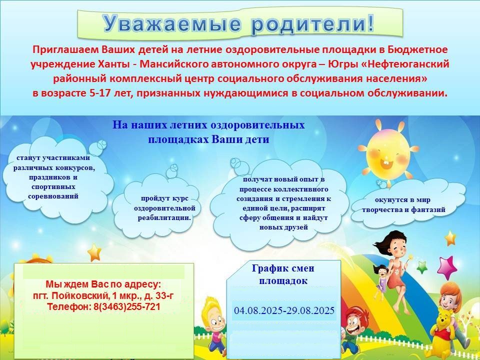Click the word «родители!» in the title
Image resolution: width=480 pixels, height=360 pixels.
(x=312, y=23)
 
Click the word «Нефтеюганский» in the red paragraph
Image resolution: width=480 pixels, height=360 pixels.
(x=408, y=64)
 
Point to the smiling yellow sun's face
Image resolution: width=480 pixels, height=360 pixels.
(x=388, y=153)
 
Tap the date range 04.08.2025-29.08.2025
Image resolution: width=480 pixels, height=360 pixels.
(x=284, y=310)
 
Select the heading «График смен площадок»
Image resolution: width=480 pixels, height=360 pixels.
(x=283, y=274)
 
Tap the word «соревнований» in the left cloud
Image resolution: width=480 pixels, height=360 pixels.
(x=53, y=196)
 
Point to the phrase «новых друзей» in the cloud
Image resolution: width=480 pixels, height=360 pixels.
(x=283, y=227)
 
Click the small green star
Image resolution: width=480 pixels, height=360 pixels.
(x=422, y=267)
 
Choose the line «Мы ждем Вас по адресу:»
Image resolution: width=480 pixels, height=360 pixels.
(x=103, y=284)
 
